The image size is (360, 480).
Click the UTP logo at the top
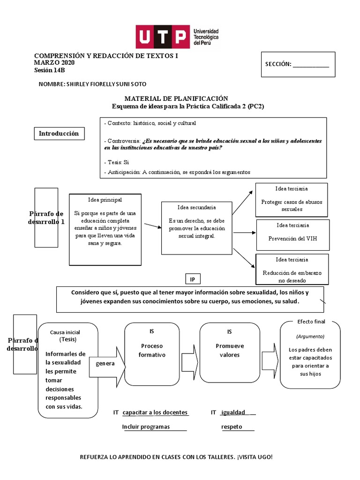point(177,37)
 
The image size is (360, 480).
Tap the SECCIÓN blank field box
point(298,64)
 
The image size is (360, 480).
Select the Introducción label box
point(59,134)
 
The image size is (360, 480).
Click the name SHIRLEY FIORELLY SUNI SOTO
point(93,84)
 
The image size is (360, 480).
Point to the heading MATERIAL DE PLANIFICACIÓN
point(176,98)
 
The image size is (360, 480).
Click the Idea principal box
point(105,229)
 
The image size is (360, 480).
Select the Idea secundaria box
point(196,228)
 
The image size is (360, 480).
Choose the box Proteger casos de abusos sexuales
point(292,200)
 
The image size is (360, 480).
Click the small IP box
point(192,279)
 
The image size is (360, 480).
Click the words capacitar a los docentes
point(155,412)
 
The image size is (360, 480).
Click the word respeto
point(232,427)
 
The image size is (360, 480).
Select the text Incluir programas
point(146,427)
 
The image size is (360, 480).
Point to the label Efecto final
point(311,322)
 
